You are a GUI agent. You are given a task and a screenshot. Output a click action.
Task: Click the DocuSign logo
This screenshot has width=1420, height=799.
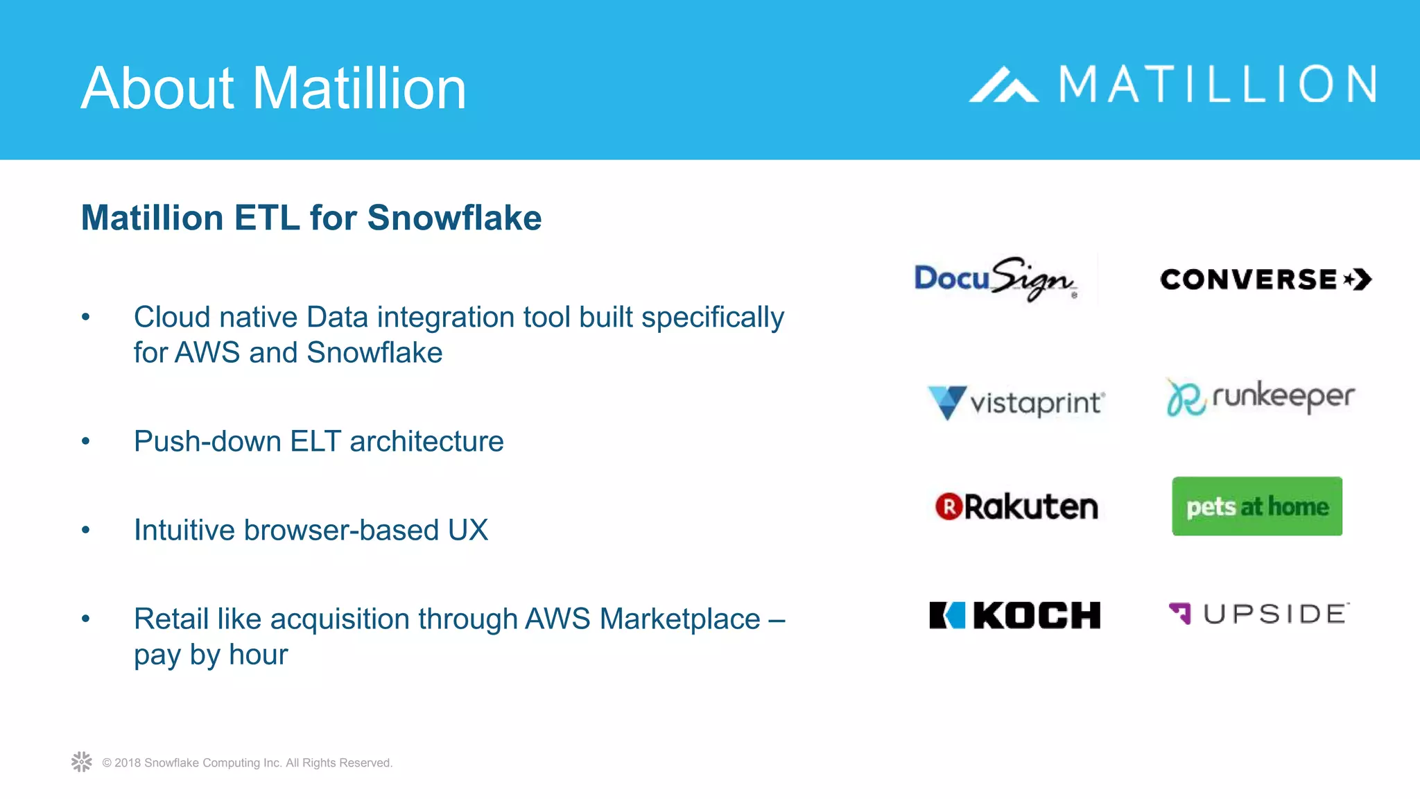996,279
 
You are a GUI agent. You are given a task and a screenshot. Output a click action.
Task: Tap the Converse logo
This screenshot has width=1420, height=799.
1265,280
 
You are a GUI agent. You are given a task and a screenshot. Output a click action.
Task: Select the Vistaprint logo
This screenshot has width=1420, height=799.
1016,402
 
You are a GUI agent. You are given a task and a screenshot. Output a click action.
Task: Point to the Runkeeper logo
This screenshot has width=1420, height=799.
1261,397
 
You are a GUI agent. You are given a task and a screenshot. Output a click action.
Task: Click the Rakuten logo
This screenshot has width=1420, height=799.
1016,507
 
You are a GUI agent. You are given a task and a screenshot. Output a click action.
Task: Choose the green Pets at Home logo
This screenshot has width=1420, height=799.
1257,506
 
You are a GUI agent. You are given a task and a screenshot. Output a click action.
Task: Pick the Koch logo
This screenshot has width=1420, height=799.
1014,615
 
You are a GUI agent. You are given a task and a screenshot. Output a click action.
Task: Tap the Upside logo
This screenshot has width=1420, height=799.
1258,614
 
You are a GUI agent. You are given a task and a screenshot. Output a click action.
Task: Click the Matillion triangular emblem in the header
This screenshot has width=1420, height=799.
1003,85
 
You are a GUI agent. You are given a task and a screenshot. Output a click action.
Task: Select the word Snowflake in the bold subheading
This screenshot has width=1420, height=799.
454,218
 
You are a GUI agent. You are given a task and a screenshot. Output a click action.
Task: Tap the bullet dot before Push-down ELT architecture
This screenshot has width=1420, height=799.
86,441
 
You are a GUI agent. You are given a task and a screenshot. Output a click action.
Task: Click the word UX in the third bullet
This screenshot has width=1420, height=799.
468,531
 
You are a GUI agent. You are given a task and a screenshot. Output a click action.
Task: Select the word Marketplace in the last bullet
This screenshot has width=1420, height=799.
679,619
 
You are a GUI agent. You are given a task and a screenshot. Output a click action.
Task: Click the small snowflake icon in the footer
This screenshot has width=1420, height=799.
82,762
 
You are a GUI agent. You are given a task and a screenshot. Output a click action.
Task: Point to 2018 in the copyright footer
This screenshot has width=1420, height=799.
128,763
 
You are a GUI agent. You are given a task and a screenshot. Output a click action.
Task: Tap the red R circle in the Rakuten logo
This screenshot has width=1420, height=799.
949,507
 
